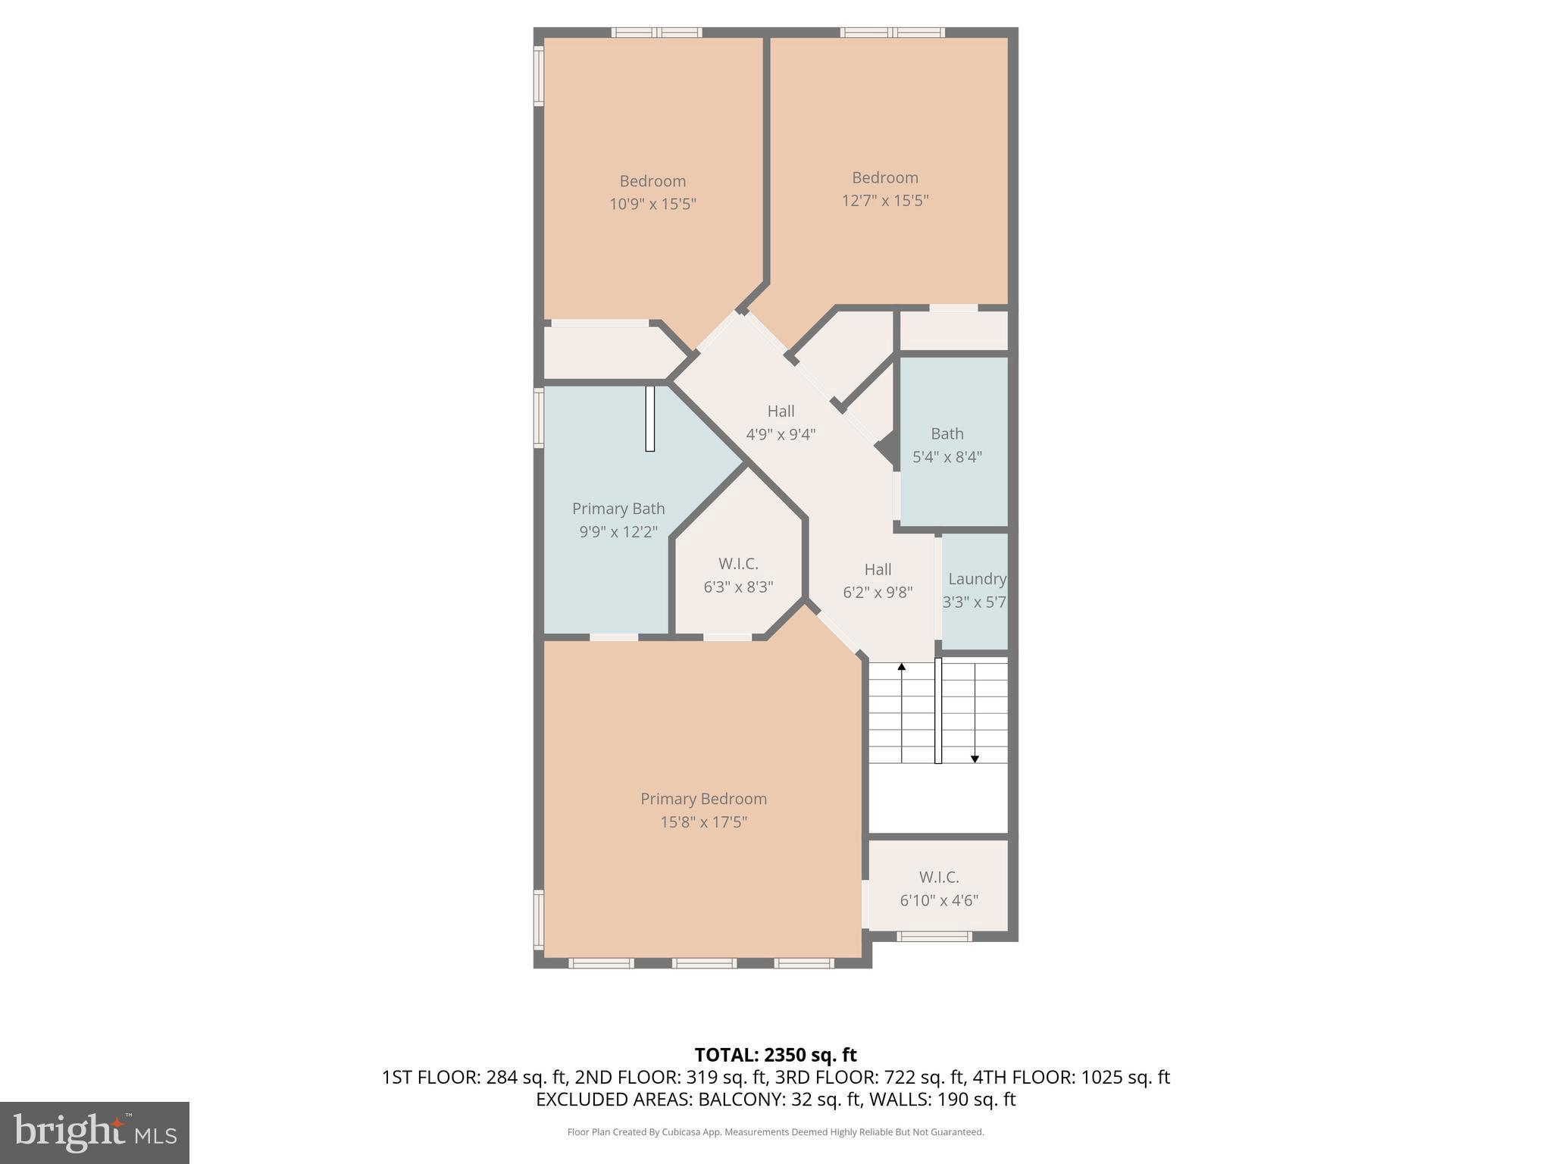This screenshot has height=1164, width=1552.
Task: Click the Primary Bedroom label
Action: coord(703,799)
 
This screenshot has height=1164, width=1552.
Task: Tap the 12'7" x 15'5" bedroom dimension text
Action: coord(884,201)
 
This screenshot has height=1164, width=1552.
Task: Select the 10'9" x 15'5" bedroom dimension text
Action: coord(652,204)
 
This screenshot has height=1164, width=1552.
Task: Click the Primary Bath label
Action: coord(618,508)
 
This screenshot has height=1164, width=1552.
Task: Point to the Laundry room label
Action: coord(976,579)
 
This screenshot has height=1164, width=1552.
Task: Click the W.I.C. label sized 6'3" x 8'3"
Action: coord(738,564)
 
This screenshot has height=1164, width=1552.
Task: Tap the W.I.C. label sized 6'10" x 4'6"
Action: coord(939,877)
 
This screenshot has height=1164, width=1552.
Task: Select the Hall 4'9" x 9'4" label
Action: coord(781,411)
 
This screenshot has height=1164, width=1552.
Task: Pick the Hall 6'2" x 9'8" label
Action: coord(878,569)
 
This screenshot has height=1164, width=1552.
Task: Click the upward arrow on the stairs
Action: coord(902,668)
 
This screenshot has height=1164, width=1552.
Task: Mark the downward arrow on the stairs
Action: coord(975,758)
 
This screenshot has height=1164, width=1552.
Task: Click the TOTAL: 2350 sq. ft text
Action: coord(775,1055)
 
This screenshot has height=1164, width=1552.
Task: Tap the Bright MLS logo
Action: coord(95,1132)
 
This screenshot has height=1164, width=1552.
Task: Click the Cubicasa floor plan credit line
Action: coord(775,1132)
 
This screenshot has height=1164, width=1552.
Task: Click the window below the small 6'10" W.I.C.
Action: coord(934,936)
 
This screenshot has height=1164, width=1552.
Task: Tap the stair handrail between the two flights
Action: coord(937,710)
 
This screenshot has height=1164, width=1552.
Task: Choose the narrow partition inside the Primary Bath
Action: coord(649,418)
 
